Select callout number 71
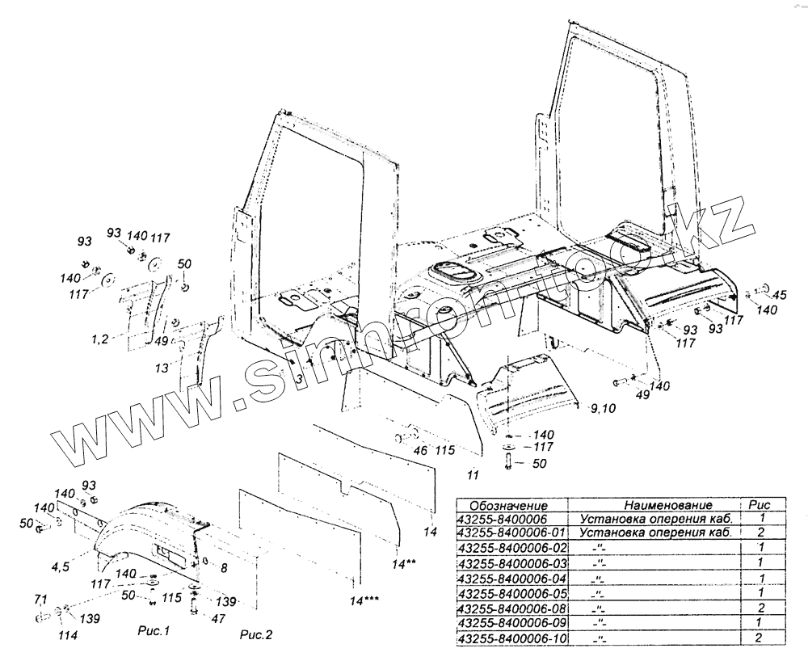coord(40,599)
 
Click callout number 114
coord(67,635)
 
